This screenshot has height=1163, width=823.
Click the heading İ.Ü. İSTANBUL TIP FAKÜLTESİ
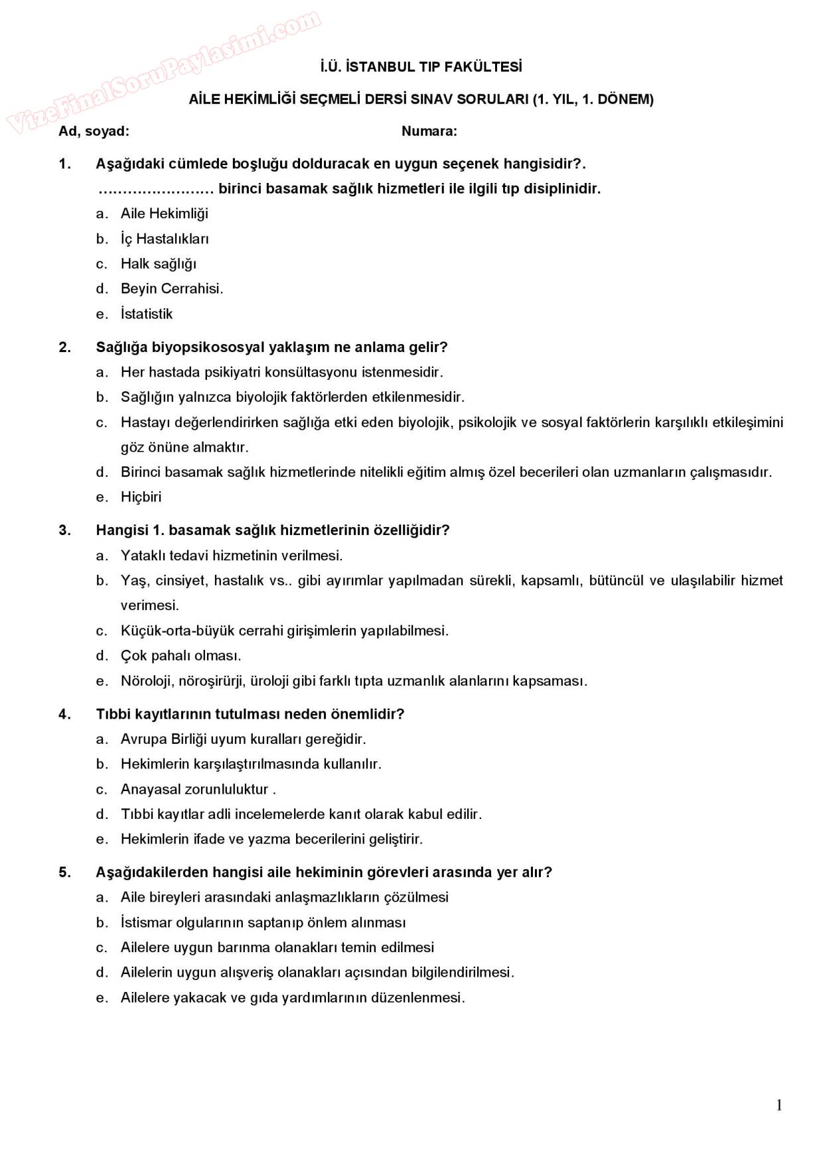click(x=420, y=67)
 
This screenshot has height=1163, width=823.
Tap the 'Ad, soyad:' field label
click(x=94, y=131)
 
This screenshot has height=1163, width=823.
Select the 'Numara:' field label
click(x=429, y=131)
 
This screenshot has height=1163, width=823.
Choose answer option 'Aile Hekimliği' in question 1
click(x=164, y=214)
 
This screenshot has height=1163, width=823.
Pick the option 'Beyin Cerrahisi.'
click(x=171, y=288)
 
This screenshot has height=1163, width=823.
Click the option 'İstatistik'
click(x=146, y=314)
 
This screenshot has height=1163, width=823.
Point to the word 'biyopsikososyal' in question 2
click(x=200, y=347)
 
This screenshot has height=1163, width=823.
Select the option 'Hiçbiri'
click(x=141, y=497)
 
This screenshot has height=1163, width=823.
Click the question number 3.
click(x=64, y=530)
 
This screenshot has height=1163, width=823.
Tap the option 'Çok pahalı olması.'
click(x=181, y=655)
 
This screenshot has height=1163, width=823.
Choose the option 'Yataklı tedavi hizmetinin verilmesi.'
click(x=231, y=555)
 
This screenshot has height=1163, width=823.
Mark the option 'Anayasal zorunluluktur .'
click(x=198, y=789)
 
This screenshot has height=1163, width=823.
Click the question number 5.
click(x=64, y=872)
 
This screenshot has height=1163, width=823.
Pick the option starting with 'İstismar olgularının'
click(x=263, y=922)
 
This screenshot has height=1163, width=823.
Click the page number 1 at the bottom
click(x=779, y=1105)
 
